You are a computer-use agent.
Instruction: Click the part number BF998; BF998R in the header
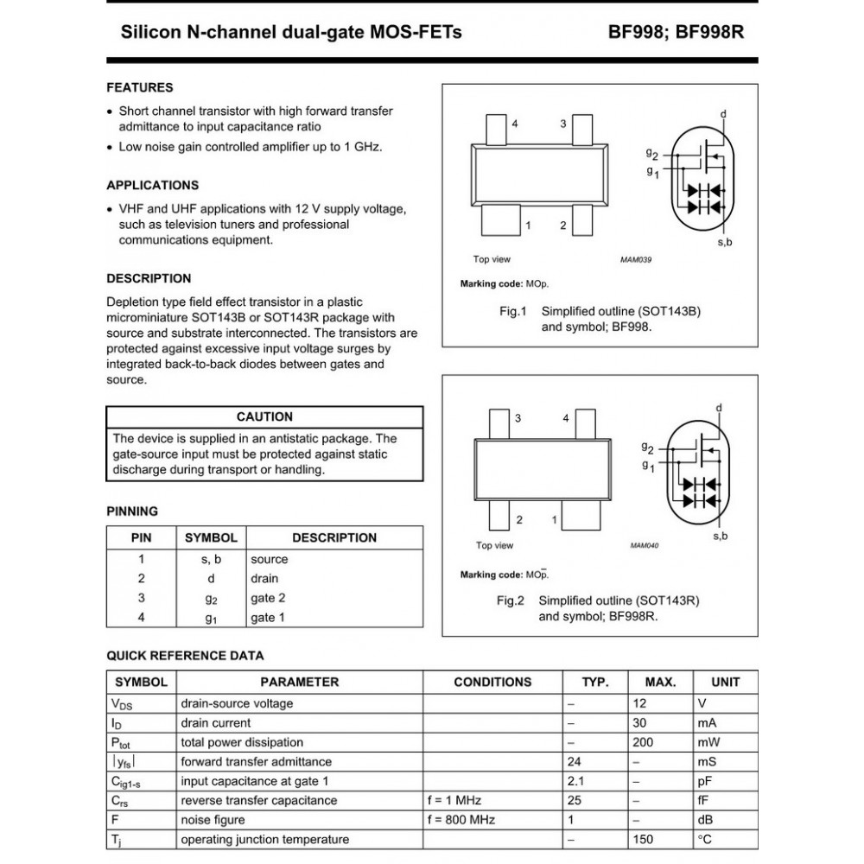tap(676, 33)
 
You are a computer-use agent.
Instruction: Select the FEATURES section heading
tap(139, 87)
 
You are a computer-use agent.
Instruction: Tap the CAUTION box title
tap(264, 416)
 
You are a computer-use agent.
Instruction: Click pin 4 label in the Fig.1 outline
tap(514, 124)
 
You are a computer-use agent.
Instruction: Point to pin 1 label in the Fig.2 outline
tap(554, 519)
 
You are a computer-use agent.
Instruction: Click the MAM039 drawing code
tap(635, 259)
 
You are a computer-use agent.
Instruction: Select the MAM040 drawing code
tap(644, 545)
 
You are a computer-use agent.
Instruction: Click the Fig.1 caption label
tap(513, 311)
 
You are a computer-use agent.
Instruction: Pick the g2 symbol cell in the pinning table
tap(211, 598)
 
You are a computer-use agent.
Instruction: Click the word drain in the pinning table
tap(264, 578)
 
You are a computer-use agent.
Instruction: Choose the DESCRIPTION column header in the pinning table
tap(334, 537)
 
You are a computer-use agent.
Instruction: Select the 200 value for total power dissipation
tap(644, 742)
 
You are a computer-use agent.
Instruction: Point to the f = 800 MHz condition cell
tap(462, 819)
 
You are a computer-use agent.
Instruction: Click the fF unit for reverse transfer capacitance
tap(703, 800)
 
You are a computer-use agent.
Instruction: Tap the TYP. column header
tap(594, 682)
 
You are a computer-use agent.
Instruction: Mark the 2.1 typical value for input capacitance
tap(576, 781)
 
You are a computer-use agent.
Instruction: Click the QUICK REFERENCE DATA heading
tap(185, 656)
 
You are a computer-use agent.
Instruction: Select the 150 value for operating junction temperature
tap(644, 839)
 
